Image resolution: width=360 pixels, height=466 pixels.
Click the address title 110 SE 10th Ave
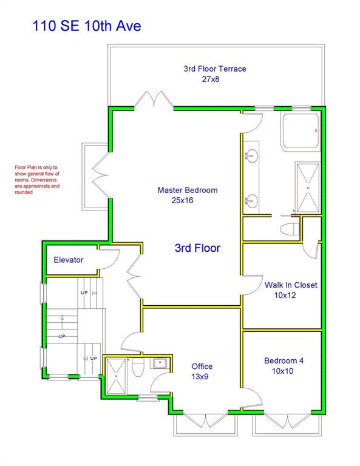coord(86,25)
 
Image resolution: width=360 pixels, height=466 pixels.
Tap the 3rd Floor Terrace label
coord(215,69)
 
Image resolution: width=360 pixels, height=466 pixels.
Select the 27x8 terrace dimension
coord(211,79)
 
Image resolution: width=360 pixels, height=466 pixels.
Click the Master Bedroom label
coord(188,190)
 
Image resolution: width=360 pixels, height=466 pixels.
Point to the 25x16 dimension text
coord(182,200)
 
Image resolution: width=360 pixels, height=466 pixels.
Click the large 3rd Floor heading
coord(198,248)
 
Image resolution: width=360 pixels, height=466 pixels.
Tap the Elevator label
coord(69,260)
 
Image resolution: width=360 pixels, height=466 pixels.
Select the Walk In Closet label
coord(291,285)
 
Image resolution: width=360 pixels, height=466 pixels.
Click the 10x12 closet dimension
coord(285,295)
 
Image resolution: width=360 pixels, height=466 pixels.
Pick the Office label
coord(202,366)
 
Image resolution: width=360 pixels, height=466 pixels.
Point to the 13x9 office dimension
coord(200,377)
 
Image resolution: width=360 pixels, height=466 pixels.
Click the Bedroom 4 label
coord(284,361)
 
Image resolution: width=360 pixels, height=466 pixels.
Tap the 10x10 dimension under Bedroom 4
coord(282,371)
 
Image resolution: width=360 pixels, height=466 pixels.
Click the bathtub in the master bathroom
coord(301,131)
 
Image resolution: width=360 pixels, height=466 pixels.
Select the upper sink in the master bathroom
coord(251,155)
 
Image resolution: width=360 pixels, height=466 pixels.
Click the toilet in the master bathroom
coord(290,229)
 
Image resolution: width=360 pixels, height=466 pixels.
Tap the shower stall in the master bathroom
coord(308,187)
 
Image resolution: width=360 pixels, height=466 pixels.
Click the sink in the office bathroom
coord(160,363)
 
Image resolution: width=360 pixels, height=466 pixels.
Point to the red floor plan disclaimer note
coord(37,180)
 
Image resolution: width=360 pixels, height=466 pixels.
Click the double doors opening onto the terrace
coord(154,100)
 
